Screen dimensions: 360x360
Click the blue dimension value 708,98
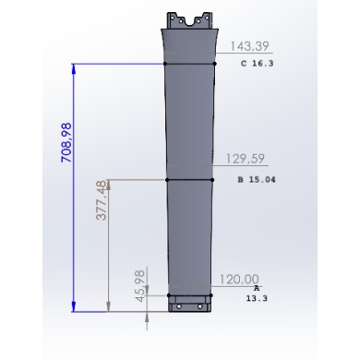coord(66,142)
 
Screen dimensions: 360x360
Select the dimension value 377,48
coord(102,200)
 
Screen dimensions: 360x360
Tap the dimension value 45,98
coord(140,286)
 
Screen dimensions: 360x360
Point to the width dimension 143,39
coord(249,46)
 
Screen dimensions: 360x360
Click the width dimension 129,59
coord(246,159)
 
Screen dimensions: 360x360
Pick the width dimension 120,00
coord(239,280)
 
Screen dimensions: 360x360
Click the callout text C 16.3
coord(258,64)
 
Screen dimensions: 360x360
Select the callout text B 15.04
coord(257,179)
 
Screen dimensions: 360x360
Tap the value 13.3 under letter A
coord(257,298)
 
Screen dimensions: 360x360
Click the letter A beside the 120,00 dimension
coord(257,288)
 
